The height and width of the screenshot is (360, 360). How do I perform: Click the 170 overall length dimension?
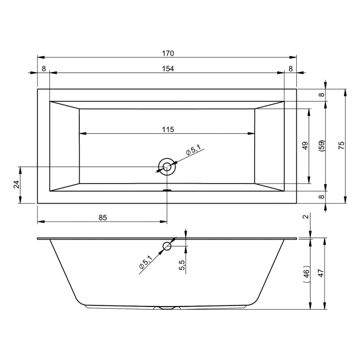click(x=168, y=53)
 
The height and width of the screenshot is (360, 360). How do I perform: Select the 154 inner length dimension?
click(x=168, y=68)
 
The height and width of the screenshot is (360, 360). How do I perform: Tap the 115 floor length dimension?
click(x=168, y=130)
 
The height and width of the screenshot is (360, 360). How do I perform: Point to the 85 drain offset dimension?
click(x=103, y=218)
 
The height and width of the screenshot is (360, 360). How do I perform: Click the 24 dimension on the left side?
click(x=16, y=184)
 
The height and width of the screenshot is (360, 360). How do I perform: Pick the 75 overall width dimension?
click(x=341, y=146)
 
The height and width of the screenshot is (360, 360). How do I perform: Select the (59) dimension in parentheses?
click(x=322, y=146)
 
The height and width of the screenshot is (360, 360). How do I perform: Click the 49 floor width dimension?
click(x=305, y=146)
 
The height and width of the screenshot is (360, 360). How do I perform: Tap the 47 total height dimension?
click(x=321, y=273)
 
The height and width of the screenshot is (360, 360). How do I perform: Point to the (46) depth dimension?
click(x=307, y=274)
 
